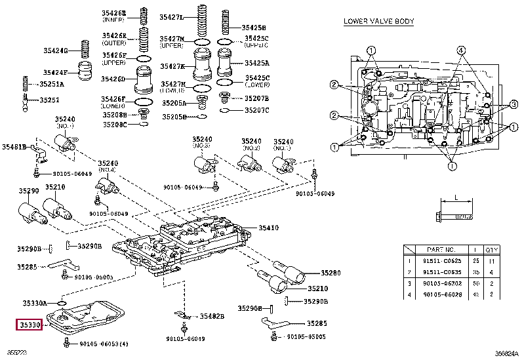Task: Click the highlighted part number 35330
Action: [30, 324]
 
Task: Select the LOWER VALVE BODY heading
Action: [378, 21]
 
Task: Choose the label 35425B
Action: [253, 28]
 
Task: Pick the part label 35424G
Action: [55, 50]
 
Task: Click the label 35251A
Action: [51, 84]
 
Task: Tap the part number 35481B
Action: [13, 147]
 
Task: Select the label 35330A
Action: [33, 303]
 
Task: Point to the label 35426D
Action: [113, 79]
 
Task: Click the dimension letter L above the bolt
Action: [454, 197]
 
